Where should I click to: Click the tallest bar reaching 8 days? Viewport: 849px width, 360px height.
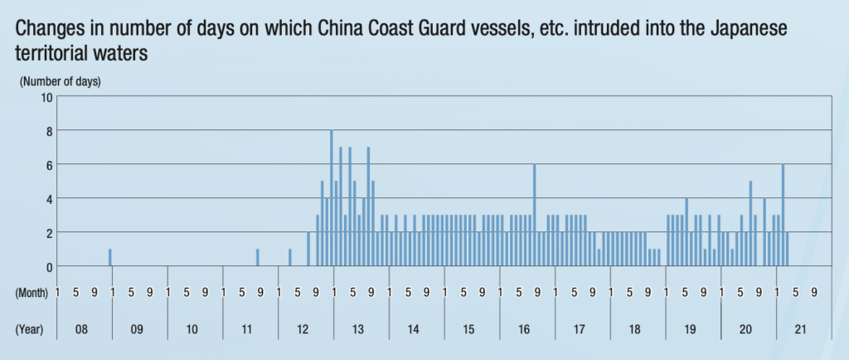click(332, 198)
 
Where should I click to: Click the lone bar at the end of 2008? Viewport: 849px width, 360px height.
click(109, 257)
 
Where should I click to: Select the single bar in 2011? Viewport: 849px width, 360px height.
click(258, 257)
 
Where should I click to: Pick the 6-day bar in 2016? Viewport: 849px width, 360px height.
click(535, 216)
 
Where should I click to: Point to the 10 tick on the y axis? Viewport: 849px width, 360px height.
click(46, 97)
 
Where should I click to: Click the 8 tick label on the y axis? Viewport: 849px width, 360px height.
click(49, 131)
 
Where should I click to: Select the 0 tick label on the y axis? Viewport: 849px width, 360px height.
click(49, 267)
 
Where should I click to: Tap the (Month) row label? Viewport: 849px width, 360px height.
click(32, 292)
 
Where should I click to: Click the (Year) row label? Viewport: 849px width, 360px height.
click(30, 329)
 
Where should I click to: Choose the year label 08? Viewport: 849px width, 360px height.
click(81, 329)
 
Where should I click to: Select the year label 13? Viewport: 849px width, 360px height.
click(358, 329)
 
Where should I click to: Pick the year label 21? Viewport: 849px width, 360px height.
click(801, 329)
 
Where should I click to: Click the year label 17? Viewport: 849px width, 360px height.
click(580, 329)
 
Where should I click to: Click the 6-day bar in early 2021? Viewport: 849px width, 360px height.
click(783, 216)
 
